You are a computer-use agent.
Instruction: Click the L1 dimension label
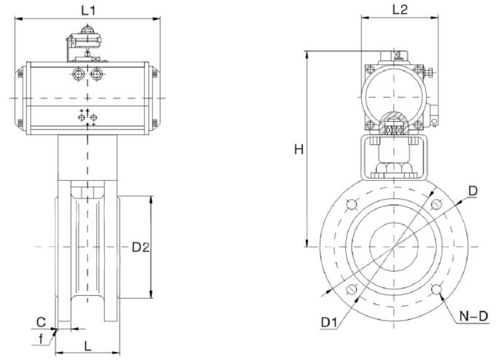(x=88, y=11)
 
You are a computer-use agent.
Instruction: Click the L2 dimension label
(x=400, y=10)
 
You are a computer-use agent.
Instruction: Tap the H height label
(x=299, y=149)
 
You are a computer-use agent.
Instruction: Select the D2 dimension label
(x=141, y=247)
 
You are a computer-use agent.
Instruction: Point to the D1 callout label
(x=329, y=322)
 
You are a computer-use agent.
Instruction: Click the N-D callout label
(x=474, y=316)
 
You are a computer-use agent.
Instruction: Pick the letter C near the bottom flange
(x=41, y=322)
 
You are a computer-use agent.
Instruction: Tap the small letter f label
(x=41, y=339)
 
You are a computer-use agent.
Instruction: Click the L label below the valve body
(x=87, y=345)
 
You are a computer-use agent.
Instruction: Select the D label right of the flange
(x=473, y=191)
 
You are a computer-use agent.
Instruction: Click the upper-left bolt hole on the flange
(x=351, y=204)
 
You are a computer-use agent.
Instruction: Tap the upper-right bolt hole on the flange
(x=436, y=204)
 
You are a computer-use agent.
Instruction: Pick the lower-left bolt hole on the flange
(x=351, y=289)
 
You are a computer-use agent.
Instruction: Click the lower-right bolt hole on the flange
(x=436, y=289)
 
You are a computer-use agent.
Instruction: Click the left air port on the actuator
(x=78, y=74)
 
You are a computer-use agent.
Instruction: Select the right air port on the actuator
(x=96, y=74)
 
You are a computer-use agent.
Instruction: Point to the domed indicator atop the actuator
(x=87, y=30)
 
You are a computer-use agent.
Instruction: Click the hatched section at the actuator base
(x=394, y=121)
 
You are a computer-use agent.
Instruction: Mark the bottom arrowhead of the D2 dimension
(x=152, y=294)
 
